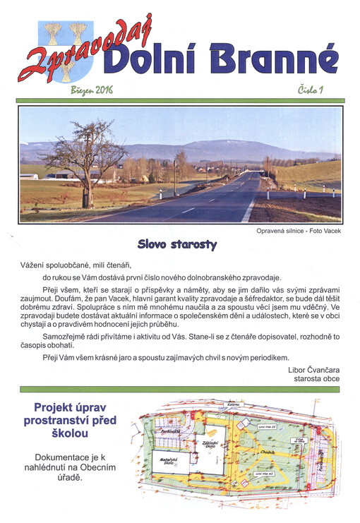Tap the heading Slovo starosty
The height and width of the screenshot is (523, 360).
(177, 246)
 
